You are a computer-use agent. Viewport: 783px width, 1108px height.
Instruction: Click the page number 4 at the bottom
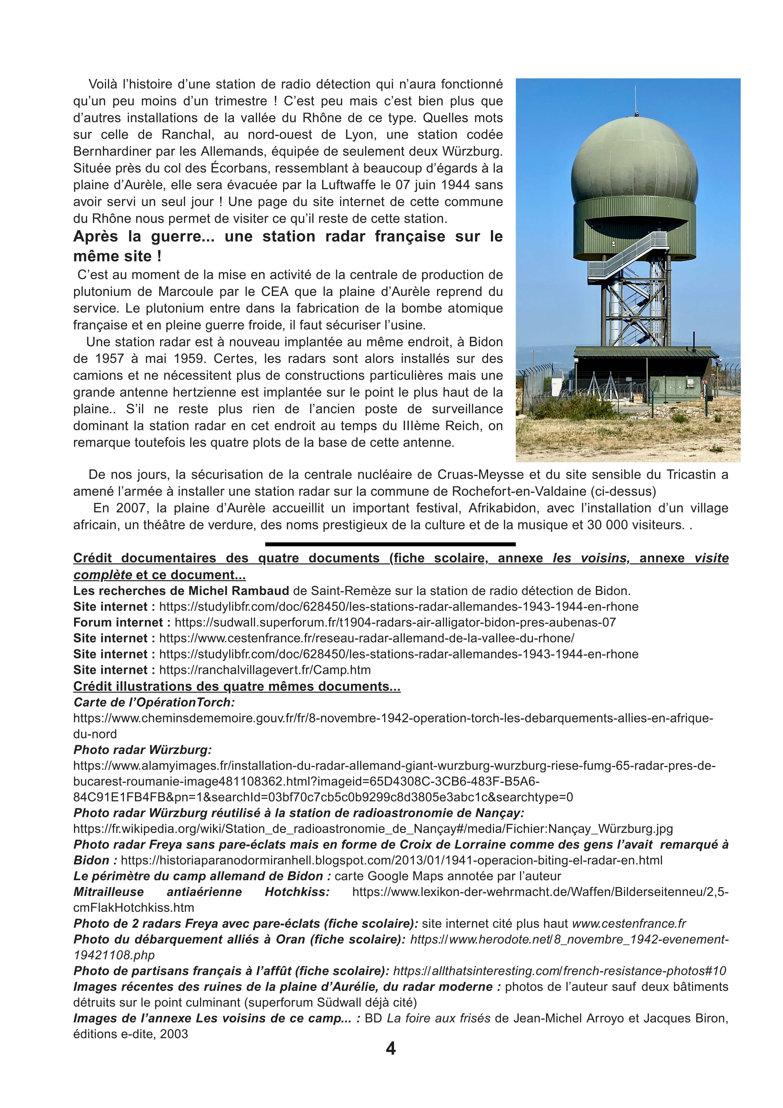[391, 1049]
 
